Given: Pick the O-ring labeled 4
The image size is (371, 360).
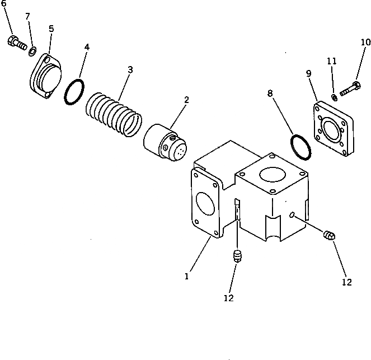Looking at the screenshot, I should pyautogui.click(x=73, y=92).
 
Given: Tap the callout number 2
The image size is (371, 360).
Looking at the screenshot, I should pyautogui.click(x=186, y=100).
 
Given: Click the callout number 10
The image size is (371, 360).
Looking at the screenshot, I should pyautogui.click(x=365, y=41).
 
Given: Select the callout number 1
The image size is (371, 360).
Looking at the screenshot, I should pyautogui.click(x=187, y=275).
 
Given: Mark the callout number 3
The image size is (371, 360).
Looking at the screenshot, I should pyautogui.click(x=130, y=69).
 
